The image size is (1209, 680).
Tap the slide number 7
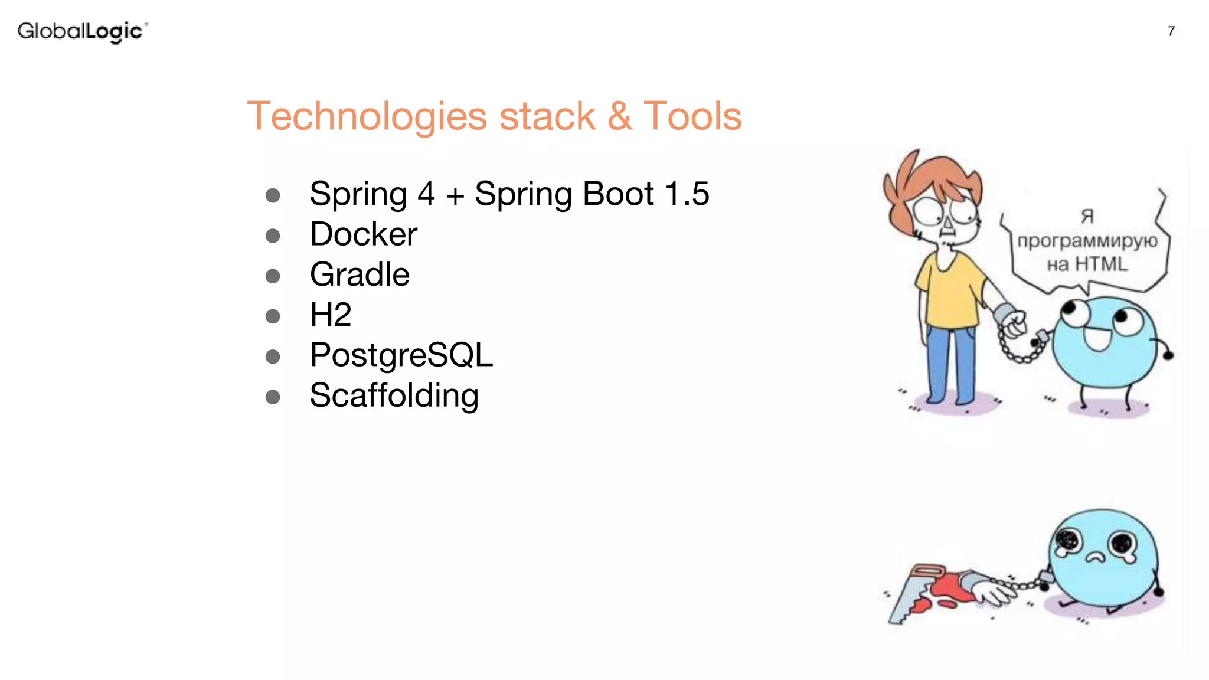coord(1171,31)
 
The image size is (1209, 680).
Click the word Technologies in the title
coord(366,116)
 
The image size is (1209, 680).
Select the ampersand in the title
coord(620,116)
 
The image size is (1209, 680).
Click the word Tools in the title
coord(692,116)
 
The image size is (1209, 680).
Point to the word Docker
coord(363,234)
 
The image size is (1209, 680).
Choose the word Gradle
coord(360,274)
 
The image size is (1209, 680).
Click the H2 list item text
coord(331,315)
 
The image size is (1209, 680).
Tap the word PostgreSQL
coord(401,355)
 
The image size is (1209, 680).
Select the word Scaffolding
coord(394,395)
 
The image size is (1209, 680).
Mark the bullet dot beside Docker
coord(273,236)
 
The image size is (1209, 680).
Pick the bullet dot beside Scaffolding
coord(273,397)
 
